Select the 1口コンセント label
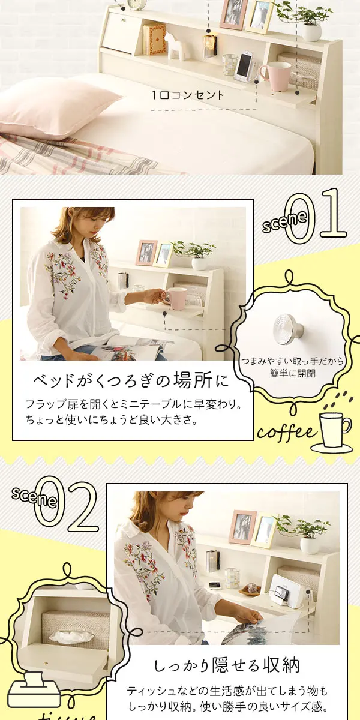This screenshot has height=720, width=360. tap(188, 95)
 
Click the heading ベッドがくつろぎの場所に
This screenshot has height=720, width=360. tap(131, 381)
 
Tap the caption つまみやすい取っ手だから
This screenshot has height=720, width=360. tap(292, 362)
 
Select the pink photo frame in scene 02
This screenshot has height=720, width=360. tap(242, 527)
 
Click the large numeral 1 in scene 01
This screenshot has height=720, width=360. tap(332, 213)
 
